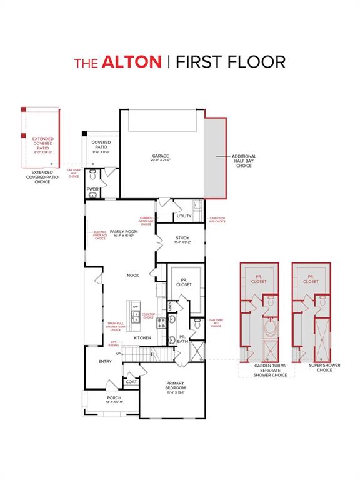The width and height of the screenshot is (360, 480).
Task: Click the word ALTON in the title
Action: pyautogui.click(x=131, y=61)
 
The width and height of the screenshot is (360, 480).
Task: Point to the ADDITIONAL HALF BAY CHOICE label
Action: pyautogui.click(x=244, y=161)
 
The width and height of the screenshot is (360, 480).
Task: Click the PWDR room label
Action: pyautogui.click(x=93, y=189)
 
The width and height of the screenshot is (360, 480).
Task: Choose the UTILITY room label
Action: pyautogui.click(x=184, y=216)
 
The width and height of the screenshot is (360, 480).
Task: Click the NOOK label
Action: pyautogui.click(x=132, y=275)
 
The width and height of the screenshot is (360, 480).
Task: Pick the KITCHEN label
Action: pyautogui.click(x=142, y=338)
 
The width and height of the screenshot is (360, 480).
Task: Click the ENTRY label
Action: pyautogui.click(x=105, y=361)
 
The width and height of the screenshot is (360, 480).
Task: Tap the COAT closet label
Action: pyautogui.click(x=131, y=381)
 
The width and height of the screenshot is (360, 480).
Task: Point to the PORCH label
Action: pyautogui.click(x=114, y=399)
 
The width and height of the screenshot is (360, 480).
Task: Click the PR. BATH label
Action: pyautogui.click(x=182, y=341)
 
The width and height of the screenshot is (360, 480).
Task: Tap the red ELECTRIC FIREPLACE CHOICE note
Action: pyautogui.click(x=100, y=237)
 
